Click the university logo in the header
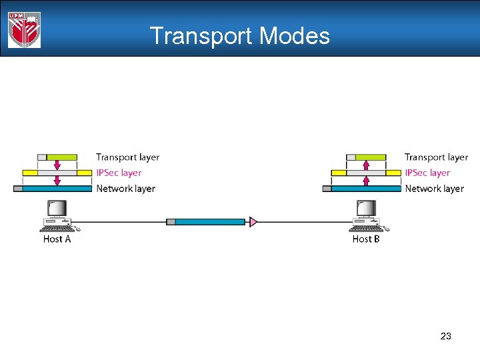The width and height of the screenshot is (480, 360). coord(24,30)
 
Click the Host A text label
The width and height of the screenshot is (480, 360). coord(57,239)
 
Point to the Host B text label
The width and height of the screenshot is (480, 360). coord(366,239)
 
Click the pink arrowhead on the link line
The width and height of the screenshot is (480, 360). coord(253,221)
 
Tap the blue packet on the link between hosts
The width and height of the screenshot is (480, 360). coord(210,221)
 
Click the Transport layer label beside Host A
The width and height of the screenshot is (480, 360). coord(127,157)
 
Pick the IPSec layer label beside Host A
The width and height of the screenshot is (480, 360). coord(119,173)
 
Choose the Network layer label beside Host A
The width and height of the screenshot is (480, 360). coord(125,189)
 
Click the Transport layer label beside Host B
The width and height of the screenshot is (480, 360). coord(436,157)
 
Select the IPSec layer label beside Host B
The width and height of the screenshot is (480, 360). coord(427,173)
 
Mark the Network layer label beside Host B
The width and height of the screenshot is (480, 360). coord(434,189)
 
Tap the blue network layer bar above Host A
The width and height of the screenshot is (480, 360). coord(57,189)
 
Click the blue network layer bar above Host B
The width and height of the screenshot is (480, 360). coord(365,189)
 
